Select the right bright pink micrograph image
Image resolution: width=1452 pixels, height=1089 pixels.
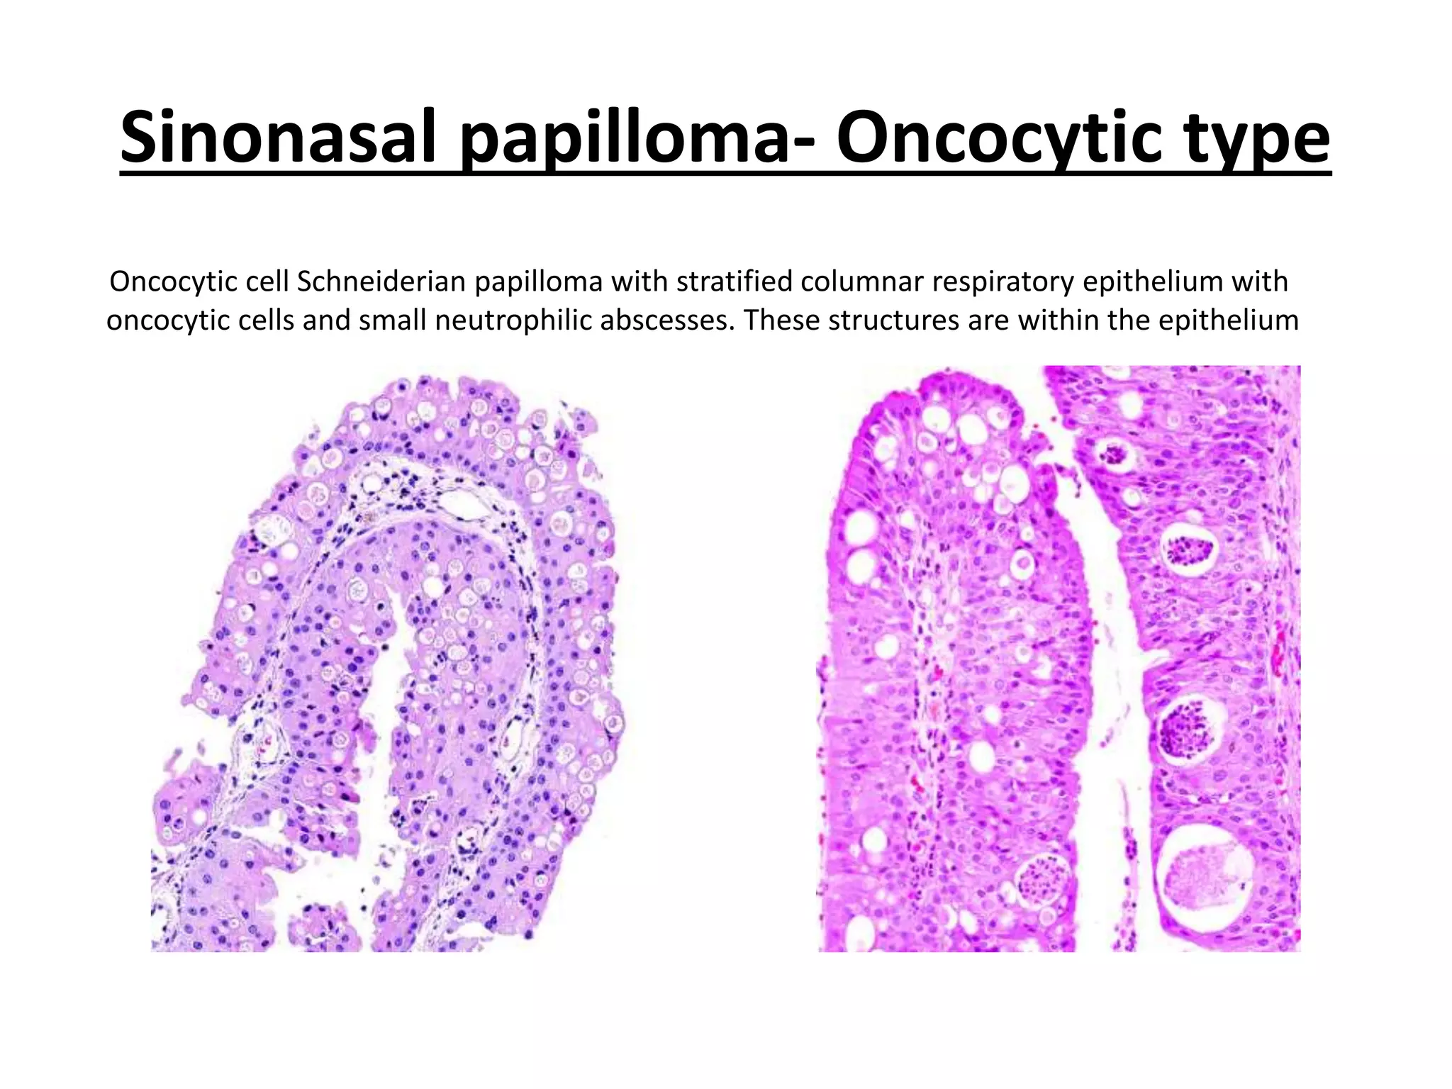1059,659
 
